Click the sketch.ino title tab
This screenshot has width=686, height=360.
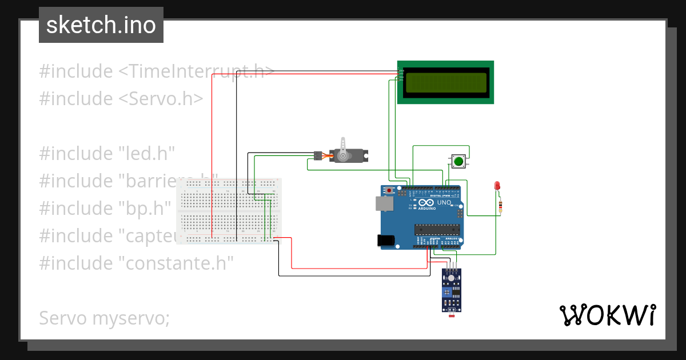pyautogui.click(x=101, y=25)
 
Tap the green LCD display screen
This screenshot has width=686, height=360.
pyautogui.click(x=446, y=82)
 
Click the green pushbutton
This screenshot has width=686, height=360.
pyautogui.click(x=458, y=161)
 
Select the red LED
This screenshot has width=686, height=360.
pyautogui.click(x=497, y=186)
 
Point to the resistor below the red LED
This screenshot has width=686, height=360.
pyautogui.click(x=501, y=206)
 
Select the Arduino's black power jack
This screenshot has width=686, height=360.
pyautogui.click(x=386, y=241)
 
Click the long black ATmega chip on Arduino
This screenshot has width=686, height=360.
pyautogui.click(x=437, y=229)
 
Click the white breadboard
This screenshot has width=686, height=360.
pyautogui.click(x=229, y=211)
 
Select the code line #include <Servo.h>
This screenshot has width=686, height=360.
pyautogui.click(x=121, y=98)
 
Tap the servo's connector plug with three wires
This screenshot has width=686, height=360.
pyautogui.click(x=318, y=155)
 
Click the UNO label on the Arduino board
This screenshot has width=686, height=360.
pyautogui.click(x=444, y=203)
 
